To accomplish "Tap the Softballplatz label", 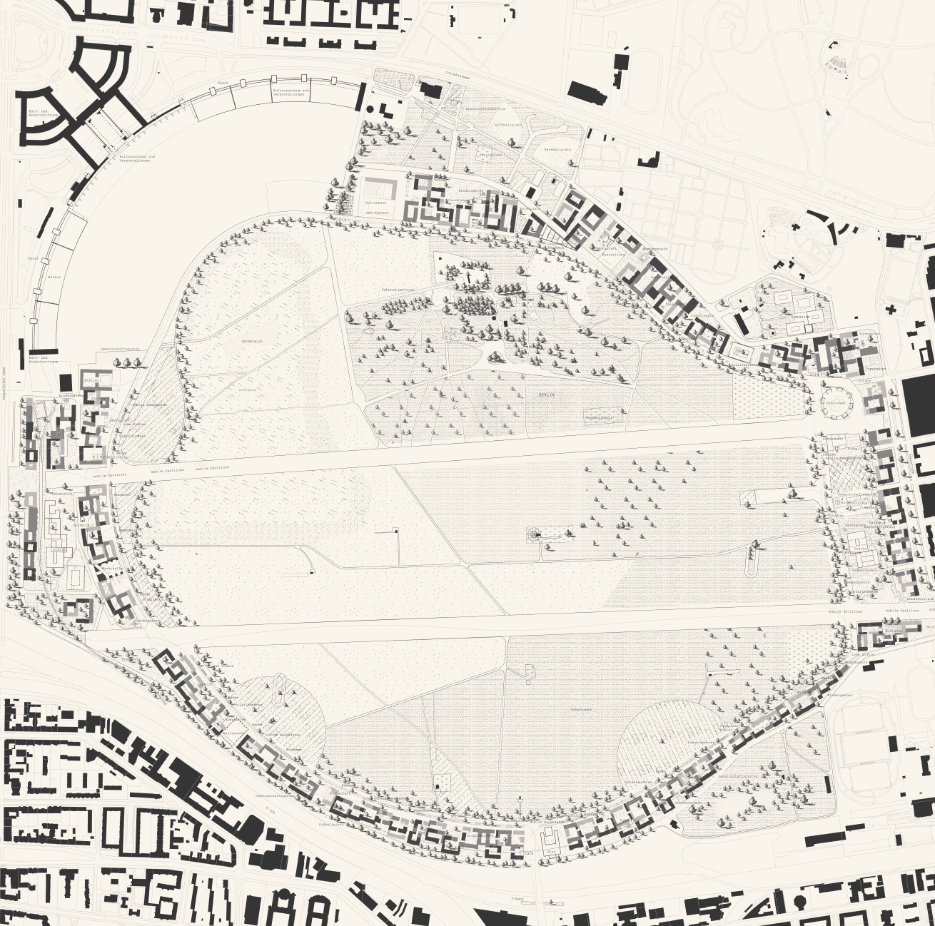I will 508,125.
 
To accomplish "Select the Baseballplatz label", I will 555,150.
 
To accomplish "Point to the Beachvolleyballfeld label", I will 485,108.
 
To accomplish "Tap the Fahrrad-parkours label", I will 398,290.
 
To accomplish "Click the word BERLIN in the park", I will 547,395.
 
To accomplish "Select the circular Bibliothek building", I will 835,402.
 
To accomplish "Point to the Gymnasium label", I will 799,316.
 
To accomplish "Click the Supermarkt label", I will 876,369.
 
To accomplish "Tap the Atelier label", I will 92,381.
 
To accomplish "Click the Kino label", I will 550,851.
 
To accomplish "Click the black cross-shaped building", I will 891,310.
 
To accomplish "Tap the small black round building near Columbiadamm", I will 370,109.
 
